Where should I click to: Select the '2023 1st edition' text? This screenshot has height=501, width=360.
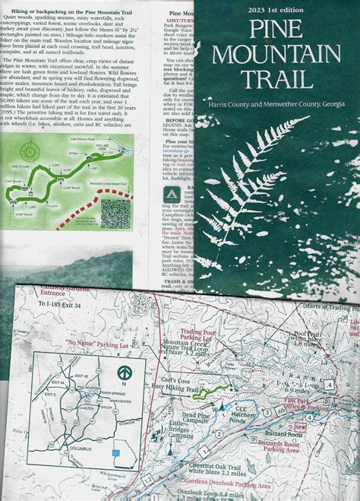click(x=278, y=10)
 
